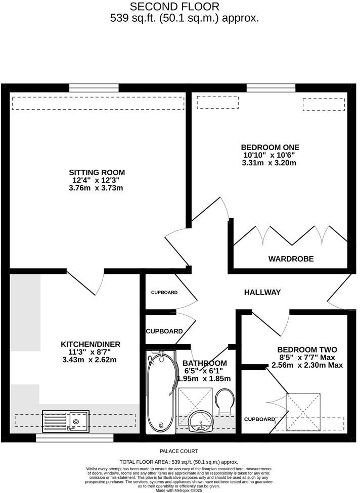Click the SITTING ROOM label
click(98, 172)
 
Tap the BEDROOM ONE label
click(268, 147)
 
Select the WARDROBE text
click(291, 259)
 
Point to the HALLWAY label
click(262, 292)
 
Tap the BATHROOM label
click(205, 363)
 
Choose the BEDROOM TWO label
click(307, 350)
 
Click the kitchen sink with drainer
click(66, 420)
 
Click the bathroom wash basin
click(201, 421)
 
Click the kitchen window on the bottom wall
click(74, 437)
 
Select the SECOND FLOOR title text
click(175, 7)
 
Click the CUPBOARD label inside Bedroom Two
click(259, 419)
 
